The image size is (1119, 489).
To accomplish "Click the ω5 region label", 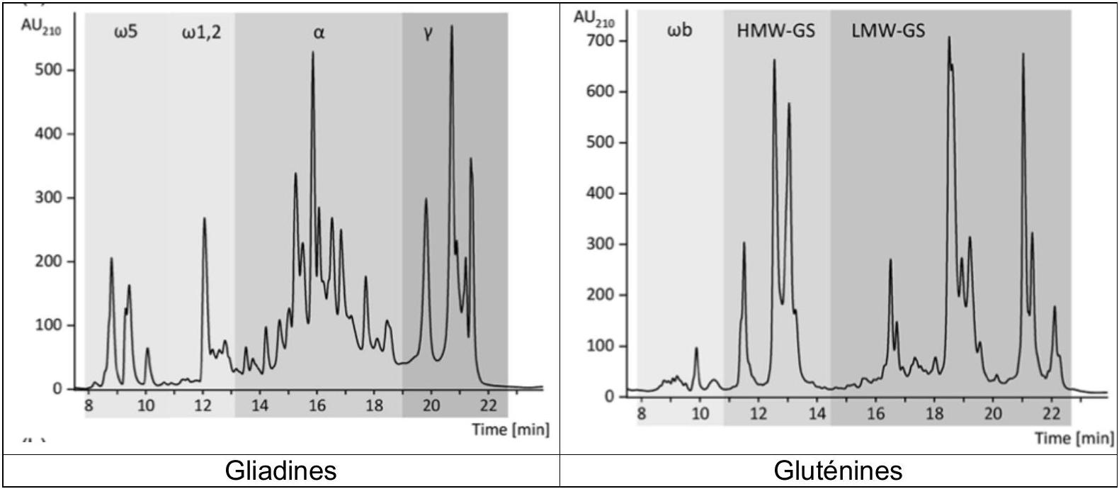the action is [126, 33].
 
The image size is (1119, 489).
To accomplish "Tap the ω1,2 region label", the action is [201, 33].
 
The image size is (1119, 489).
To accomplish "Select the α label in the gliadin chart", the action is [319, 33].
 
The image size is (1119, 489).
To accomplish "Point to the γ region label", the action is [428, 34].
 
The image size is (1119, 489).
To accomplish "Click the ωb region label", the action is [680, 30].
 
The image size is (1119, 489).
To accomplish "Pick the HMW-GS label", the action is [776, 31].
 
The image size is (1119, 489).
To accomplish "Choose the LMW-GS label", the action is [888, 31].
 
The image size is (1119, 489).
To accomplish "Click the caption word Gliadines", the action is [280, 471].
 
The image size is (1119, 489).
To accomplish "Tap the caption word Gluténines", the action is [839, 471].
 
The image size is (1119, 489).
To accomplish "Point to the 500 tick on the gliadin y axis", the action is [47, 69].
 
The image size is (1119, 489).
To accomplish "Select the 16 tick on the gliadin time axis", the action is [317, 405].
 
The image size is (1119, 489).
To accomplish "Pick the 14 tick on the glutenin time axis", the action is [817, 414].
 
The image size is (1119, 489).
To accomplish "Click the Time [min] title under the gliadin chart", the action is [511, 429].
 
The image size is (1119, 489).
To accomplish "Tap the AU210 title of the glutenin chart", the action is [594, 19].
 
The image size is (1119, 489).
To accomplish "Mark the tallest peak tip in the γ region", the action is [452, 26].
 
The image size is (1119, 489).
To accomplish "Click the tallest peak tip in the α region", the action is [313, 52].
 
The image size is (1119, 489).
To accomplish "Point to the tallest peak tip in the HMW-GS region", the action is [774, 60].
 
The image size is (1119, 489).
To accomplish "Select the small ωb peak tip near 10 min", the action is [696, 348].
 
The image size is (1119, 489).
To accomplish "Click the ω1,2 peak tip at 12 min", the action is [204, 218].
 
